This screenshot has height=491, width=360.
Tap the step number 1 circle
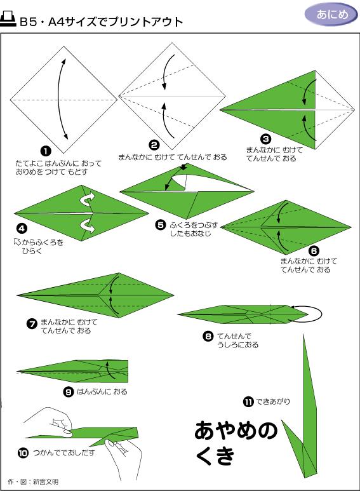tap(45, 151)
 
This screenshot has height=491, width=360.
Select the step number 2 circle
tap(154, 145)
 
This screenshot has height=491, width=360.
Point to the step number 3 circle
tap(266, 138)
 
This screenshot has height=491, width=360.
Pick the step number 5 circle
tap(161, 224)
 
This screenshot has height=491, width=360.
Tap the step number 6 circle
tap(314, 251)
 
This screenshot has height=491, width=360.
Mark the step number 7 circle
tap(32, 324)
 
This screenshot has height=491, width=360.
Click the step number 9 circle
tap(69, 391)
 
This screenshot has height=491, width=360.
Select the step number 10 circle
tap(23, 453)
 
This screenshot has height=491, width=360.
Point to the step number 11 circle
tap(248, 401)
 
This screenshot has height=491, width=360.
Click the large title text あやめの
tap(236, 431)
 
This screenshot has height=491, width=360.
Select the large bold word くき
tap(215, 457)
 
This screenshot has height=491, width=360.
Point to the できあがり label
tap(273, 401)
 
